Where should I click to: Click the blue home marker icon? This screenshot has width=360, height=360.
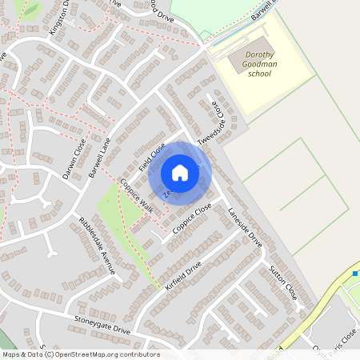point(180,172)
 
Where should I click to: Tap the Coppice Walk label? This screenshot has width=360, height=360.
point(135,195)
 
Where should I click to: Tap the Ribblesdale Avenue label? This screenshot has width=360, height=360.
point(98,245)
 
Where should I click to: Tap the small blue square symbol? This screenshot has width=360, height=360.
point(354,274)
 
